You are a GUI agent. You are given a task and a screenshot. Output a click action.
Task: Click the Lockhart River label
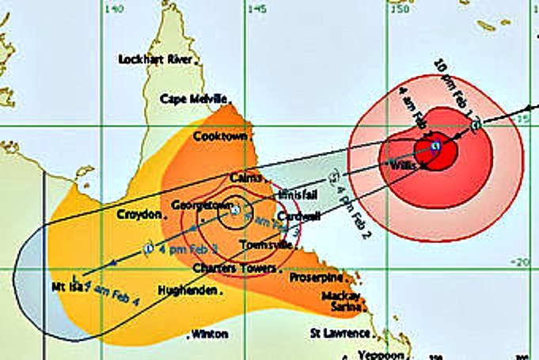156,59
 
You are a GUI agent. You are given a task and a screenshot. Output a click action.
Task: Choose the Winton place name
211,334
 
